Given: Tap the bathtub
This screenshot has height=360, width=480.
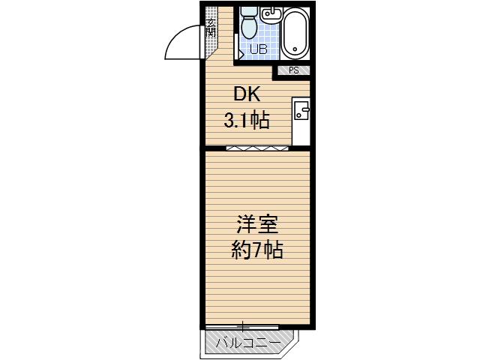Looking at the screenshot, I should [295, 33].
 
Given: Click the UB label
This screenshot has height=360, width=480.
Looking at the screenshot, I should [258, 49].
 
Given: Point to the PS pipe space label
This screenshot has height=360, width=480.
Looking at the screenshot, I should [294, 70].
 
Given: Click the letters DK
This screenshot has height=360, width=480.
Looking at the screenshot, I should [247, 94].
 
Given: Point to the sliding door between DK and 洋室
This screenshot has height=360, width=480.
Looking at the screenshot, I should [256, 148].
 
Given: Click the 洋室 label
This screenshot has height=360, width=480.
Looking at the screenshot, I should [256, 224].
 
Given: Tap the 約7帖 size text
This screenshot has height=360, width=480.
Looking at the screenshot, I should [256, 250].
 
